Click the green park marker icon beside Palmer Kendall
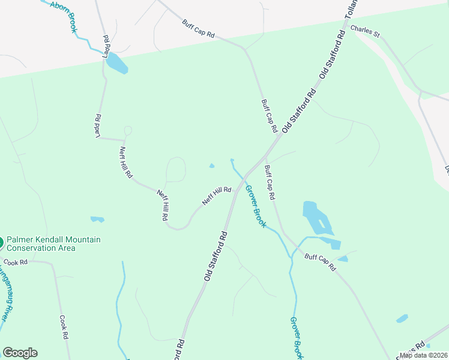(1, 243)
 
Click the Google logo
(20, 353)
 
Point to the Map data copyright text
(423, 355)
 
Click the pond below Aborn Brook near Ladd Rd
(117, 63)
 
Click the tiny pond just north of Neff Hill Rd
(211, 166)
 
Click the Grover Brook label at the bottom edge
(297, 338)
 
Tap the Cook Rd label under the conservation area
(16, 262)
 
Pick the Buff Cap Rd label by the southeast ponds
(320, 262)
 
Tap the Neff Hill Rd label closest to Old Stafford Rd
(217, 196)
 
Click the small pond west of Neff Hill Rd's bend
(97, 220)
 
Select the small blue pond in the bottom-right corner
(402, 319)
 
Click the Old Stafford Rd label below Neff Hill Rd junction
(214, 256)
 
